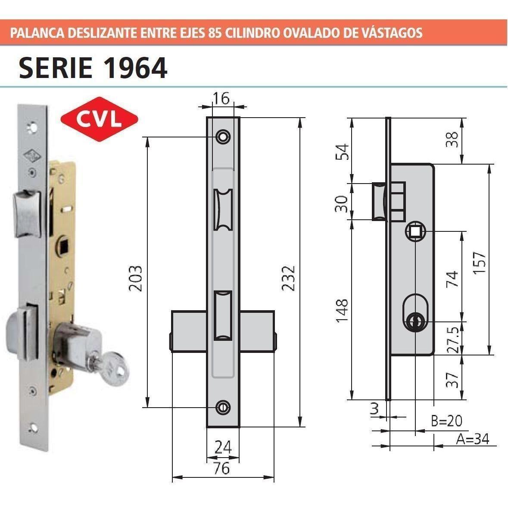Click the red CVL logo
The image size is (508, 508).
coord(100,119)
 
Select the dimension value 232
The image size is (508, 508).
coord(288,278)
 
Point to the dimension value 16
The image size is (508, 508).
coord(221,98)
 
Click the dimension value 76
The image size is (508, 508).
coord(222,468)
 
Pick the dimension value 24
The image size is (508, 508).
coord(223,447)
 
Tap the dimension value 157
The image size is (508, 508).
coord(480,263)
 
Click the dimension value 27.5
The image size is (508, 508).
coord(452,339)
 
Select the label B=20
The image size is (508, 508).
coord(446,421)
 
